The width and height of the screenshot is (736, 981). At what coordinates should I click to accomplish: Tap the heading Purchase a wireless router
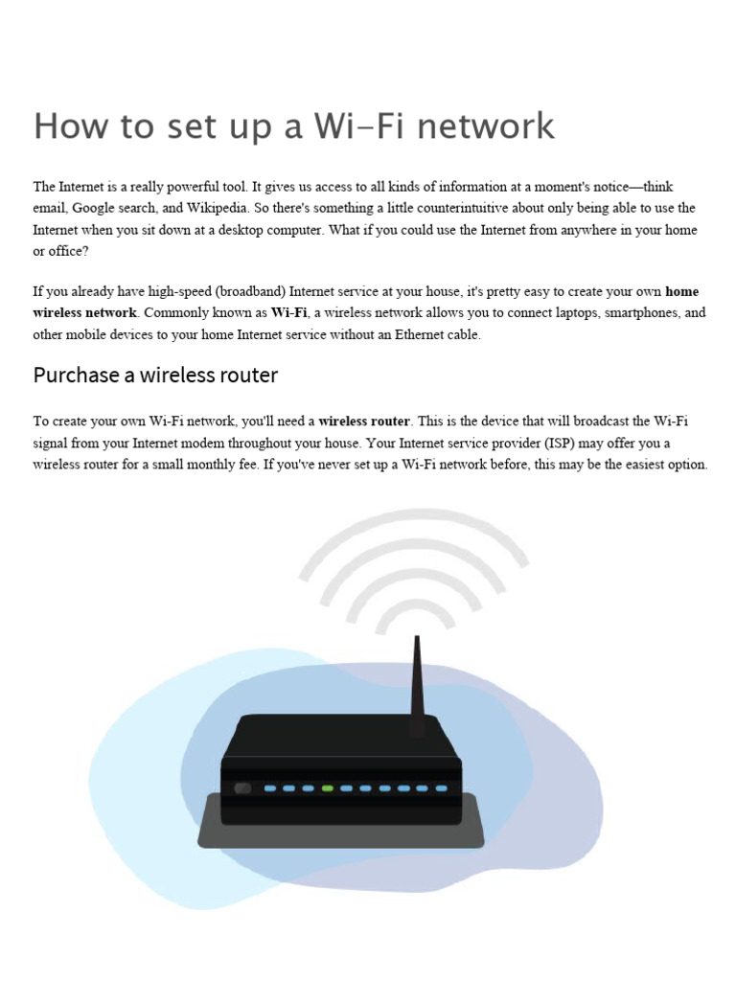tap(155, 376)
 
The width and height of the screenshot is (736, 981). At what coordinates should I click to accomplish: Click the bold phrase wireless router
tap(364, 422)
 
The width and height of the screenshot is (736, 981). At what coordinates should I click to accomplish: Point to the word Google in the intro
tap(97, 208)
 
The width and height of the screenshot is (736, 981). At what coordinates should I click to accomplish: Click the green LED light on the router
tap(327, 788)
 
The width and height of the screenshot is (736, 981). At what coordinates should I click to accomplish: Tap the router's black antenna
tap(417, 685)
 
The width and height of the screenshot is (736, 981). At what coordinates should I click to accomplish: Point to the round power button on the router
tap(242, 788)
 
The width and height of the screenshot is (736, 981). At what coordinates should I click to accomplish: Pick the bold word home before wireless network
tap(681, 291)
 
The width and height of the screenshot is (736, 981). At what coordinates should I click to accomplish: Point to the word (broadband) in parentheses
tap(248, 291)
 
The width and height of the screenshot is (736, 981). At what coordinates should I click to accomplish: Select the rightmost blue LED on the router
tap(441, 788)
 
